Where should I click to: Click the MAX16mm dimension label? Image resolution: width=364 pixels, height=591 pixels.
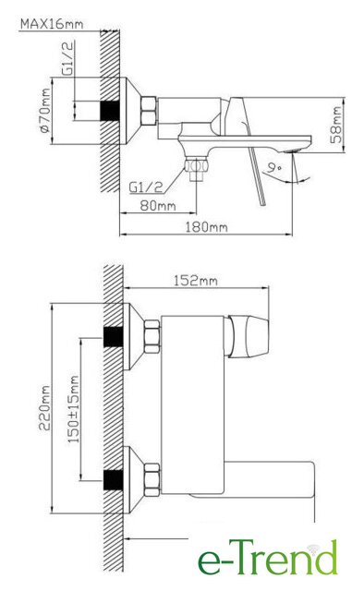(52, 24)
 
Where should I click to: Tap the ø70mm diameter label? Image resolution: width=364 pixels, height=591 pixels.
(44, 111)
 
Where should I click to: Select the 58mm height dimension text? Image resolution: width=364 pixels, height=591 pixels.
(335, 125)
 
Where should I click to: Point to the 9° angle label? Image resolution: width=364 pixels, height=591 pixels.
(273, 167)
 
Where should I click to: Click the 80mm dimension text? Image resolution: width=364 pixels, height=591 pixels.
(158, 205)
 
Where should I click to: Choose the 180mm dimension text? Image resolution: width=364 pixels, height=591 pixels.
(206, 227)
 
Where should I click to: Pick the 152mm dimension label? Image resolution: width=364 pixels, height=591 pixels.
(195, 281)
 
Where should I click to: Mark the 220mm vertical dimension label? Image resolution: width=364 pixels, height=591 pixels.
(44, 407)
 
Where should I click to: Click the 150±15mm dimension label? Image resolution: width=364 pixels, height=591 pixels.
(74, 409)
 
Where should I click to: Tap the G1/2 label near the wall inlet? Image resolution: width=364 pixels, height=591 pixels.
(67, 58)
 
